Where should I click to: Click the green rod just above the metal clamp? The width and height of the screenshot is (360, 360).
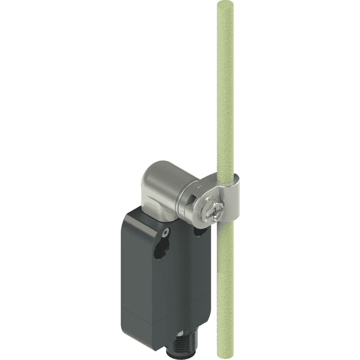pos(226,162)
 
